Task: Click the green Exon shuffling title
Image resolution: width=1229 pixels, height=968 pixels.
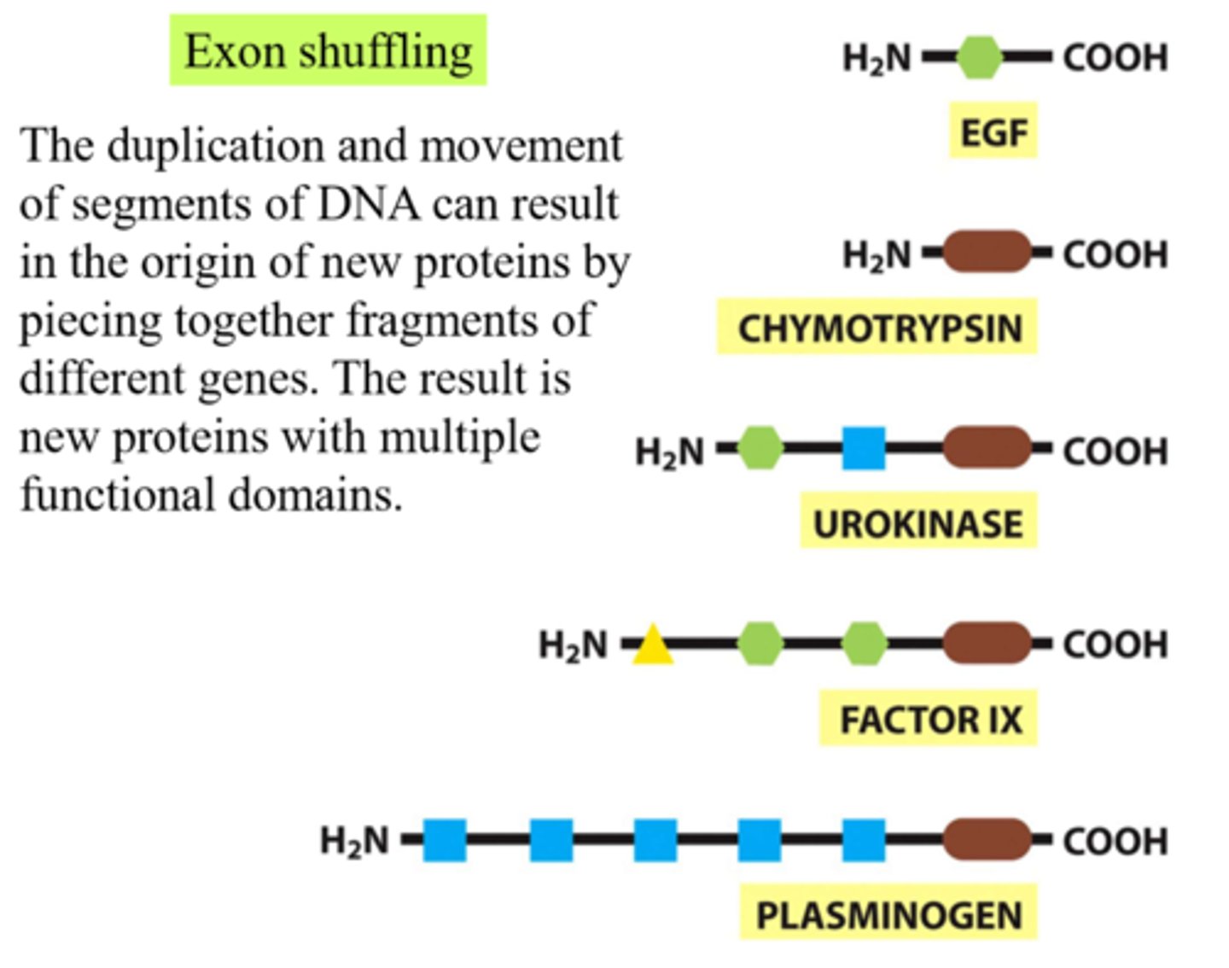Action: pos(329,50)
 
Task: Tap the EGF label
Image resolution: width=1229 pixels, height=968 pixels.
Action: pos(993,131)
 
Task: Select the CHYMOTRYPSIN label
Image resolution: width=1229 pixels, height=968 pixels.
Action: pos(878,328)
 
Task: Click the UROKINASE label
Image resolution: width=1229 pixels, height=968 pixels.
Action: pos(917,522)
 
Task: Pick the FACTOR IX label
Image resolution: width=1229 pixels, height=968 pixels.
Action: pos(930,720)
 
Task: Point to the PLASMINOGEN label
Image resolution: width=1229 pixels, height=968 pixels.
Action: pos(888,916)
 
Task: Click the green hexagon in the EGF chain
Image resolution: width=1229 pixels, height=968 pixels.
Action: pos(979,57)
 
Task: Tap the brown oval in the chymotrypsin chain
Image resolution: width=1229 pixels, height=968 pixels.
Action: pos(987,253)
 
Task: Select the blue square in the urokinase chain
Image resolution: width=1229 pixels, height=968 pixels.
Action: pos(864,449)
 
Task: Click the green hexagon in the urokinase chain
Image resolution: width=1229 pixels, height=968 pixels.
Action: pos(760,449)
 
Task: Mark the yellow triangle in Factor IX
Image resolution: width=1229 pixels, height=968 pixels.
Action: pos(653,645)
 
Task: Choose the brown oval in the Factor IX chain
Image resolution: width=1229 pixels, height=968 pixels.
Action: pos(987,644)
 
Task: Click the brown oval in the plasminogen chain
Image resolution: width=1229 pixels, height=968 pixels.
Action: pos(987,840)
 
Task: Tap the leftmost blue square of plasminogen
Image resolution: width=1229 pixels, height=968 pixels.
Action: pos(445,840)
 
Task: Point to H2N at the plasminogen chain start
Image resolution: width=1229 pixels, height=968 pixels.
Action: pos(353,842)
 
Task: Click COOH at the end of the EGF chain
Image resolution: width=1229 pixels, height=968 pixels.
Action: pos(1115,58)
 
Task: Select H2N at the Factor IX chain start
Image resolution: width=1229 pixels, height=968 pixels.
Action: pos(573,645)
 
